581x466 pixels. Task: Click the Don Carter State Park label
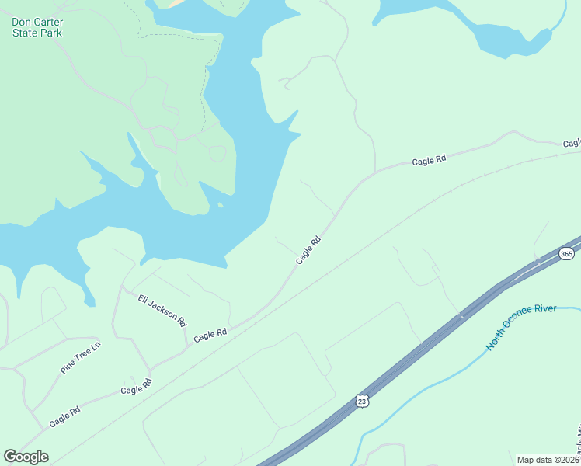37,27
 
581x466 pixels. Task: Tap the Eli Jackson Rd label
162,309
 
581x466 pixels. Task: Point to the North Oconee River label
521,326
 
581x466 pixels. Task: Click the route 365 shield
566,253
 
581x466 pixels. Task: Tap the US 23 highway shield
361,401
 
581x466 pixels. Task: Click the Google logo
26,456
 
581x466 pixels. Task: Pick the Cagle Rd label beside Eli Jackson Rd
210,335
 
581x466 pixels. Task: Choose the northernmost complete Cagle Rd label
429,160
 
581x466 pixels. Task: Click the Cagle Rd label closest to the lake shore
308,251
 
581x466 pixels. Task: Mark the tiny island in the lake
221,206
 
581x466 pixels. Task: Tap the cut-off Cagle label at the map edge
572,144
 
